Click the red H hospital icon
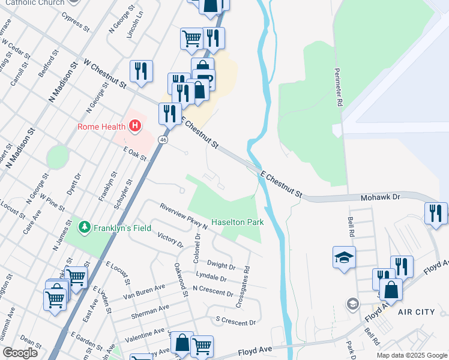[135, 126]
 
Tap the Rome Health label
[101, 127]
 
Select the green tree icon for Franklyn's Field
[84, 227]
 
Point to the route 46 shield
[163, 139]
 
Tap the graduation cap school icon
[345, 257]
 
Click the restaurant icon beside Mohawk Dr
[435, 213]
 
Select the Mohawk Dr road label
[381, 197]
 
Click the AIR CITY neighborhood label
[416, 312]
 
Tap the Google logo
[20, 353]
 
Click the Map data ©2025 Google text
[412, 355]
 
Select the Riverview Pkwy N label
[183, 217]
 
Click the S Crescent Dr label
[235, 322]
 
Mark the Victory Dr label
[169, 241]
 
